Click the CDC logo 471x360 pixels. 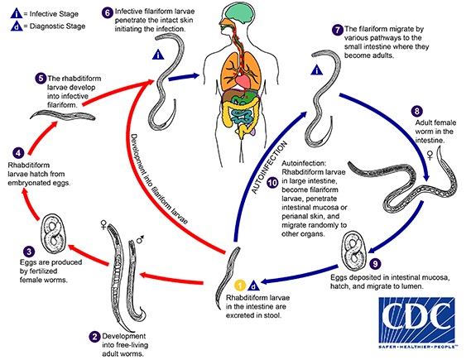417,323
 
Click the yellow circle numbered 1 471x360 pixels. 240,286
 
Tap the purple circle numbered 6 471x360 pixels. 108,13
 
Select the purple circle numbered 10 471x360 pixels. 272,183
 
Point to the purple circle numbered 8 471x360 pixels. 417,112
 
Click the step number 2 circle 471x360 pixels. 94,337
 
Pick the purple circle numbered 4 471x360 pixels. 18,153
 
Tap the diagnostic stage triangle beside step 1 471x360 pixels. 254,286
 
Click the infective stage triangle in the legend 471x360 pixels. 17,13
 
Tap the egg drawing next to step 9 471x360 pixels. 353,251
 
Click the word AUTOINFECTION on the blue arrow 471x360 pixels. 269,167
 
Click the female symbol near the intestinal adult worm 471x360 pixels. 430,156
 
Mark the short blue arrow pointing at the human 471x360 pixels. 184,77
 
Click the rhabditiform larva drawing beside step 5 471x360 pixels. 63,116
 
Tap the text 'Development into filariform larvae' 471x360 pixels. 159,179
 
